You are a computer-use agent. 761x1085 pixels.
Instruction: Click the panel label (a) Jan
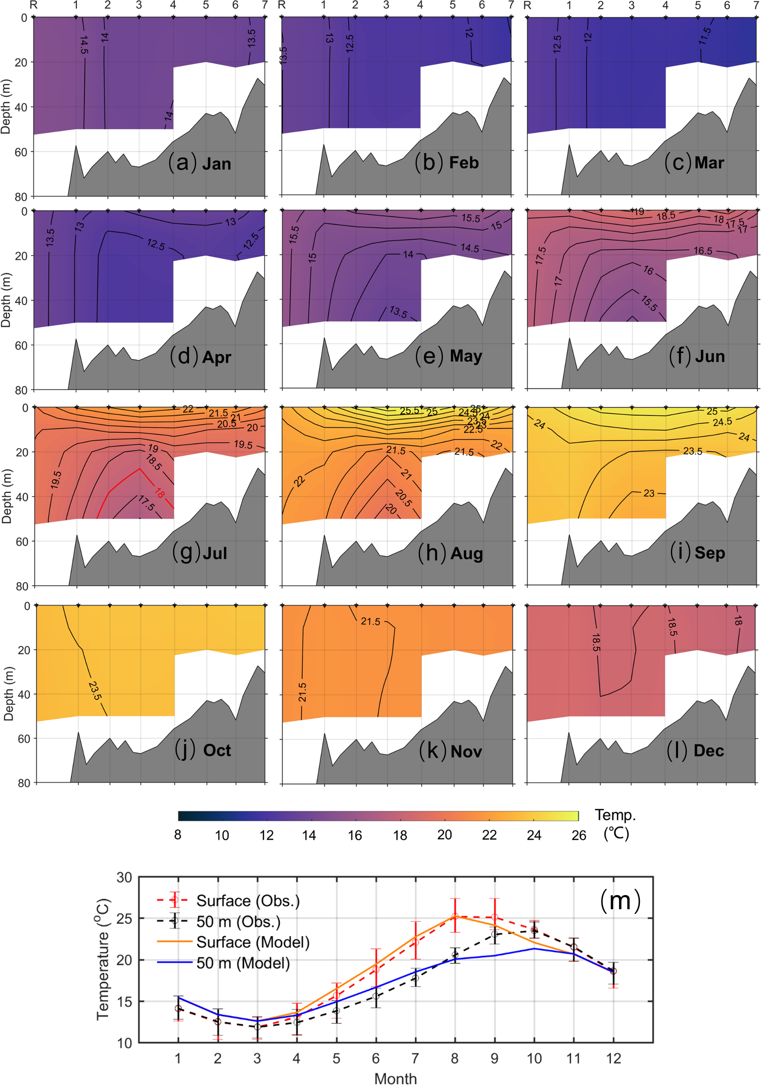[200, 163]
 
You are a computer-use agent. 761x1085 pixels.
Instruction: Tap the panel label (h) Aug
[450, 553]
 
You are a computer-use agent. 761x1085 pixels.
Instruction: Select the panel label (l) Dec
[695, 750]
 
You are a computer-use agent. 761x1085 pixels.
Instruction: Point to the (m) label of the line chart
[620, 900]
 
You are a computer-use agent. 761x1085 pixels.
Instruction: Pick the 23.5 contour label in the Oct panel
[95, 690]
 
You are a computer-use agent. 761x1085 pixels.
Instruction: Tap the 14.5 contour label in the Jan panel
[84, 44]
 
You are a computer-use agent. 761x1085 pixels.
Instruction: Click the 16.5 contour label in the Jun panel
[702, 251]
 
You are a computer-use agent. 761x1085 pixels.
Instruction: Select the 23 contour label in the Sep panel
[649, 493]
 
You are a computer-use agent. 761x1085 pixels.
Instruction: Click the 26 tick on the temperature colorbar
[579, 835]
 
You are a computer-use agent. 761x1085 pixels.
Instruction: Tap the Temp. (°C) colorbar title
[616, 824]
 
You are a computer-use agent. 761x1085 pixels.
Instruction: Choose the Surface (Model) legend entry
[252, 942]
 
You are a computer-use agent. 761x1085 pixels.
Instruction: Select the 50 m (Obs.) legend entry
[238, 922]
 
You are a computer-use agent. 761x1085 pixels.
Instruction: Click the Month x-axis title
[396, 1078]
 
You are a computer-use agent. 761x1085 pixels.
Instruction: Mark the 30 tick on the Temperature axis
[124, 877]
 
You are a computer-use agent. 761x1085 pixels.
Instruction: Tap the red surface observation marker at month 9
[495, 917]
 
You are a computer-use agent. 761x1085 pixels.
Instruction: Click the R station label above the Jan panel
[34, 5]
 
